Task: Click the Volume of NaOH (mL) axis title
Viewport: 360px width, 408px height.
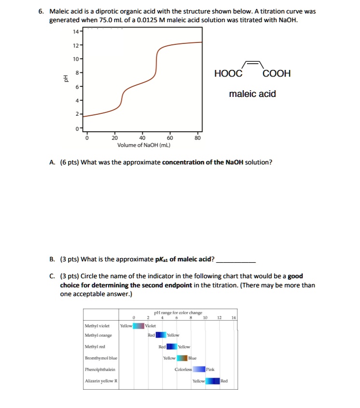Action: coord(144,145)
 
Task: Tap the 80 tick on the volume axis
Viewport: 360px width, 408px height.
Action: coord(197,137)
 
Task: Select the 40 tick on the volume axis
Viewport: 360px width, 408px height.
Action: coord(142,137)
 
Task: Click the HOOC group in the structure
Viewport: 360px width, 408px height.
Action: coord(229,74)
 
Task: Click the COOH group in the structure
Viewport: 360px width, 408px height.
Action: coord(277,74)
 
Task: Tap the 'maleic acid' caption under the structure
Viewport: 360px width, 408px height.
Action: coord(252,94)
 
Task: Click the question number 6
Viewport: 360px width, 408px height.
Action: coord(41,11)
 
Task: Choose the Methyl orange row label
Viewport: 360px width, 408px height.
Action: coord(98,335)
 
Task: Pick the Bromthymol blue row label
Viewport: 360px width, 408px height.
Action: coord(100,358)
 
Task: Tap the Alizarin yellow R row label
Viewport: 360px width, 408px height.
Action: coord(101,381)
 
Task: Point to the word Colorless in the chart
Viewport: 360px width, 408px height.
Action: coord(183,369)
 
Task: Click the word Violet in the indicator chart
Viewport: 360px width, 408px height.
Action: coord(152,326)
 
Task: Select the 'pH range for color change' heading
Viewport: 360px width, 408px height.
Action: coord(178,313)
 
